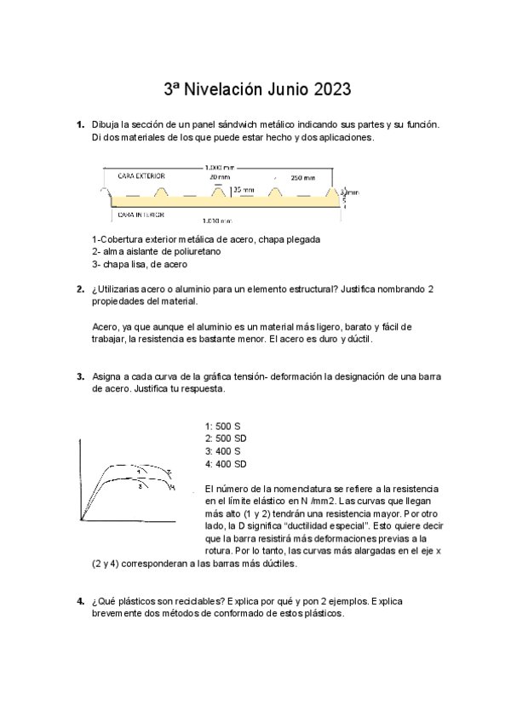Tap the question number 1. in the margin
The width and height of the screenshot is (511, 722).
click(x=80, y=125)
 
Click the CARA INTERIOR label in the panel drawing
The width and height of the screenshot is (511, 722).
click(x=141, y=215)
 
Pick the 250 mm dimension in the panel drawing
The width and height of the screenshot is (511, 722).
click(x=302, y=178)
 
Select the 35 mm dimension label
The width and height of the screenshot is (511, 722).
click(x=243, y=190)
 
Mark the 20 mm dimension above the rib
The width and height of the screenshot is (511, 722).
click(x=220, y=177)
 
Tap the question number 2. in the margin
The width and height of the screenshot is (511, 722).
click(x=80, y=289)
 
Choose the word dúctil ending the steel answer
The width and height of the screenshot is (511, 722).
click(x=357, y=339)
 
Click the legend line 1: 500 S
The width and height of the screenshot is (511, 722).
click(x=223, y=425)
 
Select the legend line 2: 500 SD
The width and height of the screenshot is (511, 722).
click(x=226, y=438)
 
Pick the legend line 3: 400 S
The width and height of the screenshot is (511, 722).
click(x=223, y=450)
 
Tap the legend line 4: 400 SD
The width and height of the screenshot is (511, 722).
click(x=226, y=464)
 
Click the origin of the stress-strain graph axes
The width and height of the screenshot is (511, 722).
click(x=81, y=519)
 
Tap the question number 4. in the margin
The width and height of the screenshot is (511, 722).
click(x=80, y=601)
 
